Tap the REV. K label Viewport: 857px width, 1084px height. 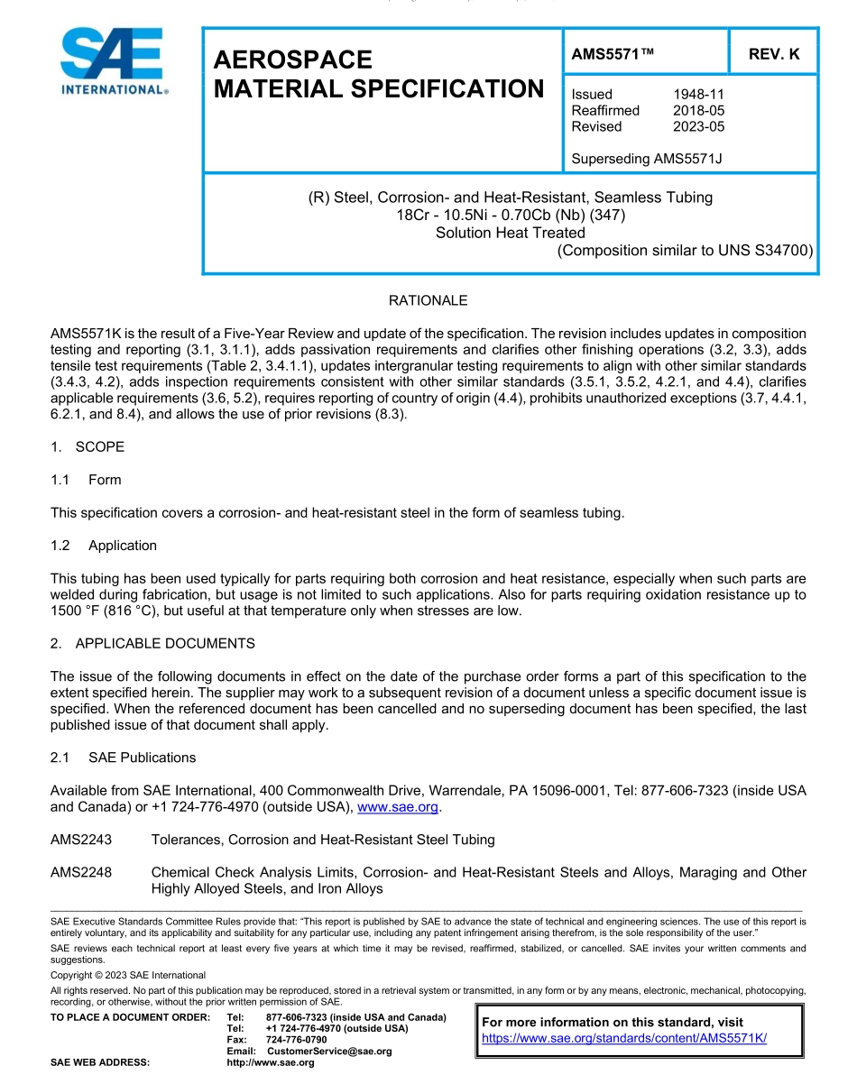click(x=774, y=55)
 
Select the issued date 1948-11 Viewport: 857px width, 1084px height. click(x=698, y=94)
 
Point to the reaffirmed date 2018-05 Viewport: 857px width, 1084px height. click(x=698, y=110)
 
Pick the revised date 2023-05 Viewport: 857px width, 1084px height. click(x=698, y=126)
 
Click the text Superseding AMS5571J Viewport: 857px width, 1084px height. click(x=647, y=159)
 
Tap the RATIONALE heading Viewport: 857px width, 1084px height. click(x=428, y=300)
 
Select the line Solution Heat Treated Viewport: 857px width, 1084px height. click(x=510, y=233)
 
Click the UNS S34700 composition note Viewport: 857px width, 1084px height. click(x=686, y=251)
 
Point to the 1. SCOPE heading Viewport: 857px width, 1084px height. click(x=88, y=447)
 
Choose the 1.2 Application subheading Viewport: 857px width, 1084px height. click(x=104, y=546)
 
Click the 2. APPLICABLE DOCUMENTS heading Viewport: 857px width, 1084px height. click(x=152, y=644)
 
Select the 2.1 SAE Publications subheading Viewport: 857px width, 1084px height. click(x=124, y=758)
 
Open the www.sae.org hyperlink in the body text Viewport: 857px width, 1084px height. click(x=399, y=807)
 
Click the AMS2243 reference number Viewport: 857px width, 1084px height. click(x=81, y=840)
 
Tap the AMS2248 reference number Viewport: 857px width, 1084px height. click(x=81, y=872)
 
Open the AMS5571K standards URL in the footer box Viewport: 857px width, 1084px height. click(x=624, y=1038)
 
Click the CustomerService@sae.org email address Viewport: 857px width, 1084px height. click(x=329, y=1052)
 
